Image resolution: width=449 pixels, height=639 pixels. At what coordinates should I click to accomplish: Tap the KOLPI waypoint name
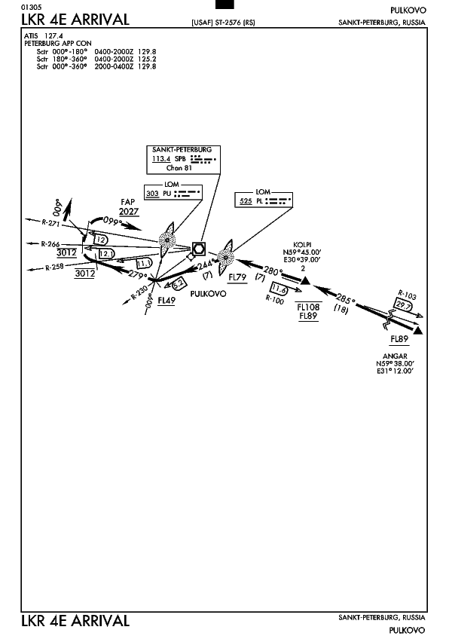302,244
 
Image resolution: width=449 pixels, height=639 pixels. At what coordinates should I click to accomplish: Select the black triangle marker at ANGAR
417,330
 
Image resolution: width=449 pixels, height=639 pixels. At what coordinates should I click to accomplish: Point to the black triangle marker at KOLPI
306,280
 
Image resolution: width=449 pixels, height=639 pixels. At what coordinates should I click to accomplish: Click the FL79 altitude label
237,277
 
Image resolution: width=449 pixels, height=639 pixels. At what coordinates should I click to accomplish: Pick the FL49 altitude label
166,301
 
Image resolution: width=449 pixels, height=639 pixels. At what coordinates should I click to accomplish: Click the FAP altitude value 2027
129,211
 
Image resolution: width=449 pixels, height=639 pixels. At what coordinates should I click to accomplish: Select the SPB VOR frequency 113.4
161,158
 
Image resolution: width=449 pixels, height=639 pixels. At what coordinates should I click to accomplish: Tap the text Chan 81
179,167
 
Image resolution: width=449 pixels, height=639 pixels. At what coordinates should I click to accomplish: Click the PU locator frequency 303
152,193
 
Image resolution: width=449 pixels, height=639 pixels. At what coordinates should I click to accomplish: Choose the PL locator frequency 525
246,200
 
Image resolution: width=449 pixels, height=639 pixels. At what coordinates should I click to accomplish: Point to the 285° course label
345,299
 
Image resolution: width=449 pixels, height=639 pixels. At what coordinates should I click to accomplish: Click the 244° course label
206,264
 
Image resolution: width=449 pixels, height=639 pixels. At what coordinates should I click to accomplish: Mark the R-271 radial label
50,222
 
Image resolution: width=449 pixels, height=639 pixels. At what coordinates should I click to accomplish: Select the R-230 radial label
139,292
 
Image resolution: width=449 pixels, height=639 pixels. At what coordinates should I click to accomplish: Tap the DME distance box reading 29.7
403,304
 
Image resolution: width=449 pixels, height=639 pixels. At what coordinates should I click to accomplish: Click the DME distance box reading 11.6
279,289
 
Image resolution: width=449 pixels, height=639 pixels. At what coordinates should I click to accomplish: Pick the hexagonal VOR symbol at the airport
199,248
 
